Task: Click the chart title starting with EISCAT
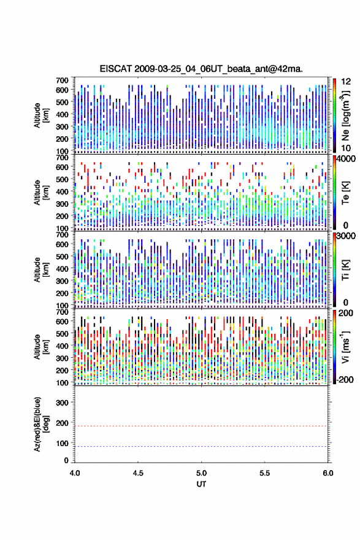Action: coord(201,69)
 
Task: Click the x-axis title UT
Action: coord(201,484)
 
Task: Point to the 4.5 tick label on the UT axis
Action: coord(138,473)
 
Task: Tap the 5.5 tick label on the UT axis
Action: coord(265,473)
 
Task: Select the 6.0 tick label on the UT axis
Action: coord(328,473)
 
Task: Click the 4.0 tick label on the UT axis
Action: coord(75,473)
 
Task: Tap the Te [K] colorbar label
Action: coord(345,193)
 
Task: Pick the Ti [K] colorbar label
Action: coord(345,269)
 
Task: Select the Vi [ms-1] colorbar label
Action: coord(345,347)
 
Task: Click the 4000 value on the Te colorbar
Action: coord(346,159)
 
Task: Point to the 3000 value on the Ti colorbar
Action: coord(346,236)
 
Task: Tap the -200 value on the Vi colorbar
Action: coord(345,379)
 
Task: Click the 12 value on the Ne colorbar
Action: coord(346,82)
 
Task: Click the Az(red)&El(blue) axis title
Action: coord(40,424)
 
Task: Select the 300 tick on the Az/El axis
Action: coord(62,403)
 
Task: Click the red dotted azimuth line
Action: coord(201,426)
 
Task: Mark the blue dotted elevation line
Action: coord(201,446)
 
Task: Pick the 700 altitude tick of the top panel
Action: coord(62,80)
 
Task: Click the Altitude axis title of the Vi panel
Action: coord(40,347)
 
